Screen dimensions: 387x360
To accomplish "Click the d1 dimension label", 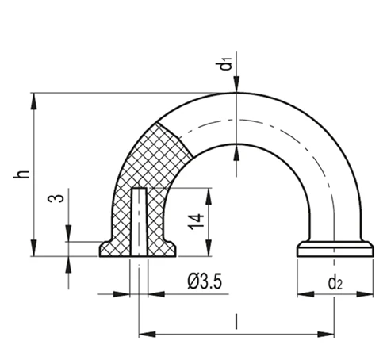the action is tap(226, 63).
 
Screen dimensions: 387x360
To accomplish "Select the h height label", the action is tap(21, 174).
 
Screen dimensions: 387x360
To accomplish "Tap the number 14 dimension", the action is tap(196, 221).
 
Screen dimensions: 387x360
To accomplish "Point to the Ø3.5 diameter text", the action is tap(205, 281).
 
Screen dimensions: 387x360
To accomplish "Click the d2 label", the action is tap(335, 283).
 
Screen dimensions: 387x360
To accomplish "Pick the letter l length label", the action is tap(236, 322).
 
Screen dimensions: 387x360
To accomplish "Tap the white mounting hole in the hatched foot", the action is tap(139, 222).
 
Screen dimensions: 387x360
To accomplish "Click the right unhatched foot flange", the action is tap(335, 249).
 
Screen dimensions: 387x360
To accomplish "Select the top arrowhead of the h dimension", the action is tap(33, 101).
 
